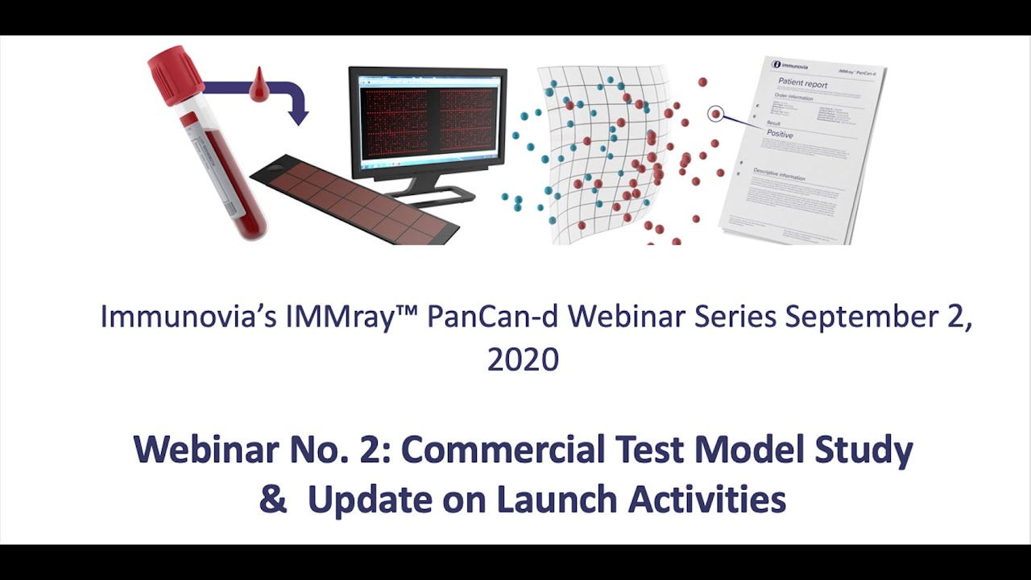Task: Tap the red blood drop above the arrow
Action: (x=258, y=87)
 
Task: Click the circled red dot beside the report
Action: (x=715, y=114)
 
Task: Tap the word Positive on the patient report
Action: (x=780, y=135)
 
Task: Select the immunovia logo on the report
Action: (x=789, y=64)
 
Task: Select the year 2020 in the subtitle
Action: (x=523, y=359)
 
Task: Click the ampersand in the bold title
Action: (x=274, y=500)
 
